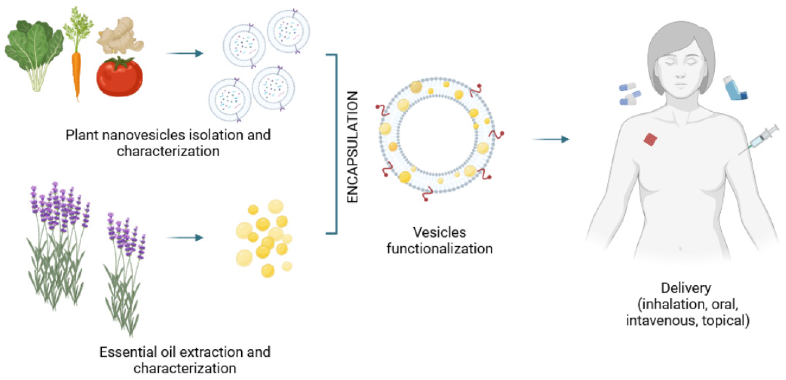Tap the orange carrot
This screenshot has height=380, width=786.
tap(76, 73)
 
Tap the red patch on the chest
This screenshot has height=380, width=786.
tap(650, 140)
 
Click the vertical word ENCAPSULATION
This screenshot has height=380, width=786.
tap(353, 147)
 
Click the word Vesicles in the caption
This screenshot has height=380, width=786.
tap(439, 232)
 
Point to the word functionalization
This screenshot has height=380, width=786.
tap(439, 249)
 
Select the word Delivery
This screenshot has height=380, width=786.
tap(686, 288)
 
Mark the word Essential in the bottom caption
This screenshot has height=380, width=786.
tap(128, 352)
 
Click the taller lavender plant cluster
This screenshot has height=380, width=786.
tap(58, 244)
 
